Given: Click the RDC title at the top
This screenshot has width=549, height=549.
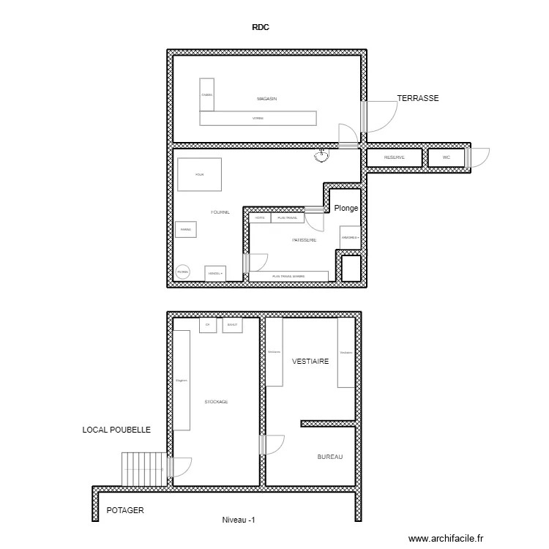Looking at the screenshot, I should (x=261, y=28).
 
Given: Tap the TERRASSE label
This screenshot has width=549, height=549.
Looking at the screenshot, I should (x=417, y=97).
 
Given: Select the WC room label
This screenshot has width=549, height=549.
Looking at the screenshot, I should (x=446, y=157).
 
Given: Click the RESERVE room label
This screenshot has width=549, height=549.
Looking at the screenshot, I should (x=395, y=157).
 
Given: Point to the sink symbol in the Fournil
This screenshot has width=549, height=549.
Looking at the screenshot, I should (x=321, y=154).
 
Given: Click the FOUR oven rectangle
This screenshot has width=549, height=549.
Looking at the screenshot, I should (x=199, y=175).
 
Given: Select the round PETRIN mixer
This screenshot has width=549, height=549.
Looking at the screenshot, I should (x=183, y=272).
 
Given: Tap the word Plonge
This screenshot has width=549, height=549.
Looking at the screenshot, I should (x=346, y=208).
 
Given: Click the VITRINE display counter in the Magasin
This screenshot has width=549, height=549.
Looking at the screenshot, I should (x=258, y=119).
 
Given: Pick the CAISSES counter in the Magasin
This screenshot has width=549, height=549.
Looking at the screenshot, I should (x=206, y=95).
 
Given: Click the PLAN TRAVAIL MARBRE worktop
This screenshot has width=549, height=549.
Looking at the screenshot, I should (x=288, y=276).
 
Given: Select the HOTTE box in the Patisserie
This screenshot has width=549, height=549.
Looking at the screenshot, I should (x=260, y=217).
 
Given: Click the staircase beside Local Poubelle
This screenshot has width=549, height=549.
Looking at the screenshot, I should (x=144, y=468).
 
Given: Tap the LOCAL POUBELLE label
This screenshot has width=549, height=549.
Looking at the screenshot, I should (x=116, y=430).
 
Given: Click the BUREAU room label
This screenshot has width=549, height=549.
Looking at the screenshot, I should (x=330, y=457).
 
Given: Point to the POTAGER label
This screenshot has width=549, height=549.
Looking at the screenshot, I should (x=125, y=511).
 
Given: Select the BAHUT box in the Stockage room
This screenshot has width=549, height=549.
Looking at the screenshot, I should (x=232, y=325).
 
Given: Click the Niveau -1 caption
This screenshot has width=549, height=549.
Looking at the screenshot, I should (x=239, y=520).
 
